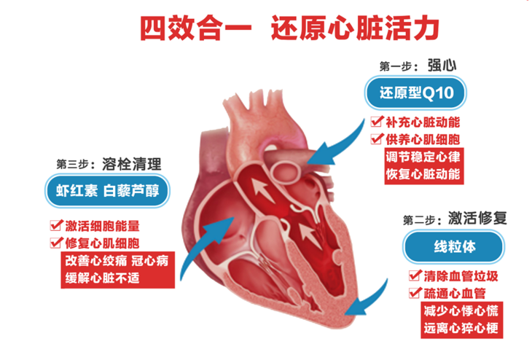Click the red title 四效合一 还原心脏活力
click(x=290, y=28)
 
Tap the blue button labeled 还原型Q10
click(x=415, y=93)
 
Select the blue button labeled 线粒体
click(x=453, y=246)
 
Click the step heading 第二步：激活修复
click(x=454, y=218)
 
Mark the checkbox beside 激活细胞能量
click(x=55, y=225)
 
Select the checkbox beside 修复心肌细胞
click(x=55, y=242)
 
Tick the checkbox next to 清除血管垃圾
click(x=415, y=277)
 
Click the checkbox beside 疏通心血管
click(x=415, y=294)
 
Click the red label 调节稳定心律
click(x=422, y=157)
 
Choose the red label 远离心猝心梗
click(x=461, y=328)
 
